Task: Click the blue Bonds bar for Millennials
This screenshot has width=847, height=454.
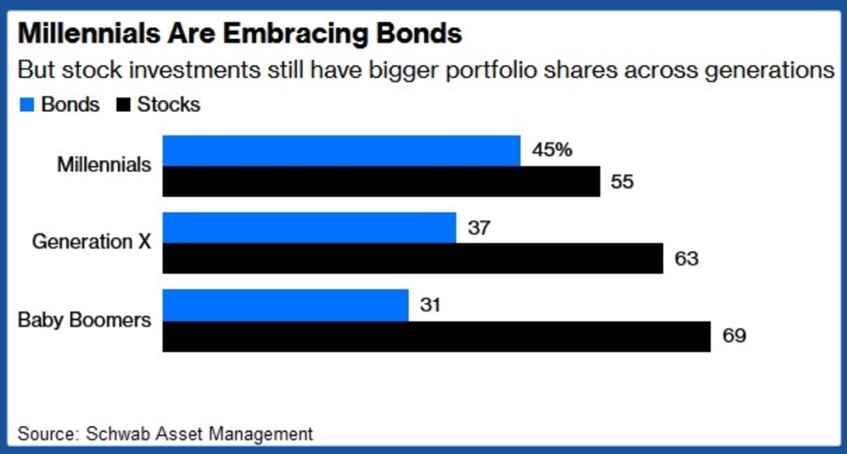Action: tap(341, 151)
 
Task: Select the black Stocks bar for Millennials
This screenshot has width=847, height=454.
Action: tap(381, 181)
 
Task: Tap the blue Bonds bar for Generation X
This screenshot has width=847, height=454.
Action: tap(309, 227)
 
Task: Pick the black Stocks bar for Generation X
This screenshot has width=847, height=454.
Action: tap(414, 259)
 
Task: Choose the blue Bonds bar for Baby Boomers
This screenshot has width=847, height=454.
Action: tap(286, 306)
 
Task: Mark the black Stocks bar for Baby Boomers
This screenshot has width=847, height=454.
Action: tap(437, 337)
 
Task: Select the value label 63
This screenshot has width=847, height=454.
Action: tap(686, 259)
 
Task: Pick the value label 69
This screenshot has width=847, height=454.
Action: tap(733, 337)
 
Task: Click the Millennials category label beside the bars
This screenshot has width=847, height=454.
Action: tap(104, 165)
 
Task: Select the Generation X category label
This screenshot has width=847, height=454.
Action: tap(92, 242)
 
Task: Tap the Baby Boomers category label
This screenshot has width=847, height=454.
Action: tap(85, 320)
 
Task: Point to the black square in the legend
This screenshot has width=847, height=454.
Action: tap(122, 106)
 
